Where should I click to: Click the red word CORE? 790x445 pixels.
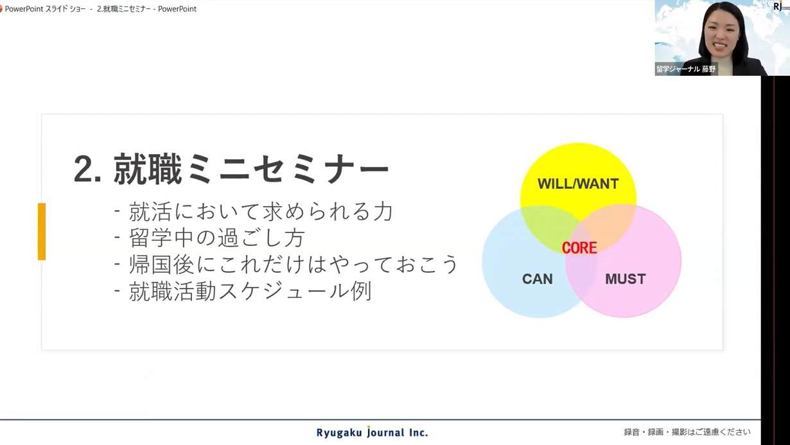pyautogui.click(x=579, y=247)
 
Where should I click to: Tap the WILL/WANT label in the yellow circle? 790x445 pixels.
pyautogui.click(x=578, y=184)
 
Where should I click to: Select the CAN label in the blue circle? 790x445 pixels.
pyautogui.click(x=537, y=279)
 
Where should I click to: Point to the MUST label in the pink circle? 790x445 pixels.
pyautogui.click(x=626, y=279)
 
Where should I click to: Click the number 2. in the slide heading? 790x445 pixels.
pyautogui.click(x=88, y=170)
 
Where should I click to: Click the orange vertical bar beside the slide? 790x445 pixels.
pyautogui.click(x=42, y=231)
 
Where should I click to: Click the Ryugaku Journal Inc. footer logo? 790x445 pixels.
pyautogui.click(x=372, y=432)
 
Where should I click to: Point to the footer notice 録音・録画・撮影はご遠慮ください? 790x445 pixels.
pyautogui.click(x=687, y=432)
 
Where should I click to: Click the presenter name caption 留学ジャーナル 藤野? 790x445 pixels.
pyautogui.click(x=686, y=69)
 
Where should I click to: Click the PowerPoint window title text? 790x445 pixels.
pyautogui.click(x=100, y=9)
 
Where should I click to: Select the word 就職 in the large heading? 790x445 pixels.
pyautogui.click(x=148, y=170)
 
